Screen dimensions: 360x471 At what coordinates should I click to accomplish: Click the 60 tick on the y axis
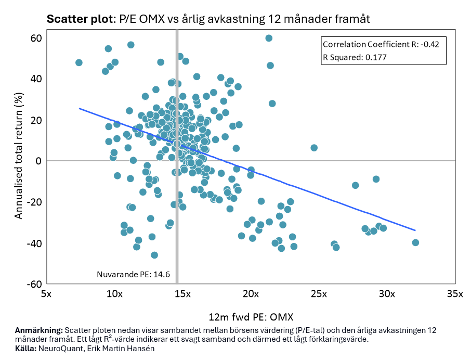[x=35, y=38]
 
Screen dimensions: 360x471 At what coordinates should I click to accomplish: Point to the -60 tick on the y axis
[x=34, y=284]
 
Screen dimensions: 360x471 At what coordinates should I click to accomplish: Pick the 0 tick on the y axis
[x=38, y=161]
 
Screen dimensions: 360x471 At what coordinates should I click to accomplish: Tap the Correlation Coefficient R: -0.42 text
[x=381, y=44]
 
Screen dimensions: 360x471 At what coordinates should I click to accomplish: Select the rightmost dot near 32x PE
[x=415, y=242]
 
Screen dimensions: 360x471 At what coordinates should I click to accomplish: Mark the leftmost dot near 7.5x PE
[x=79, y=62]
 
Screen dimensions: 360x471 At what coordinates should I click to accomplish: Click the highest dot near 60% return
[x=269, y=38]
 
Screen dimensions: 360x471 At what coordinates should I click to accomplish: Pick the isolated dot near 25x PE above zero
[x=314, y=148]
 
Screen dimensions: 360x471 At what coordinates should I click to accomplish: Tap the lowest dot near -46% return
[x=154, y=255]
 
